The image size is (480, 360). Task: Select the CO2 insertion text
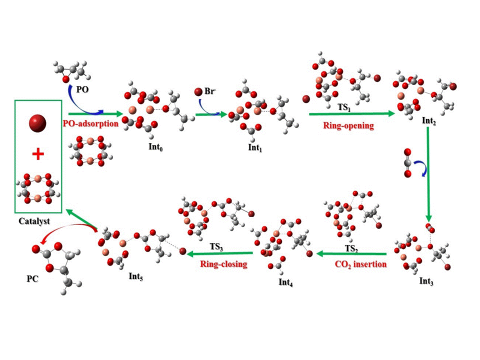tap(360, 264)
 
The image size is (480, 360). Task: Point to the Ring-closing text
tap(223, 264)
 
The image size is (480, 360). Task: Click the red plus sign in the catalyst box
tap(37, 155)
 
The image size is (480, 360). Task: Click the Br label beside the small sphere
tap(210, 92)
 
